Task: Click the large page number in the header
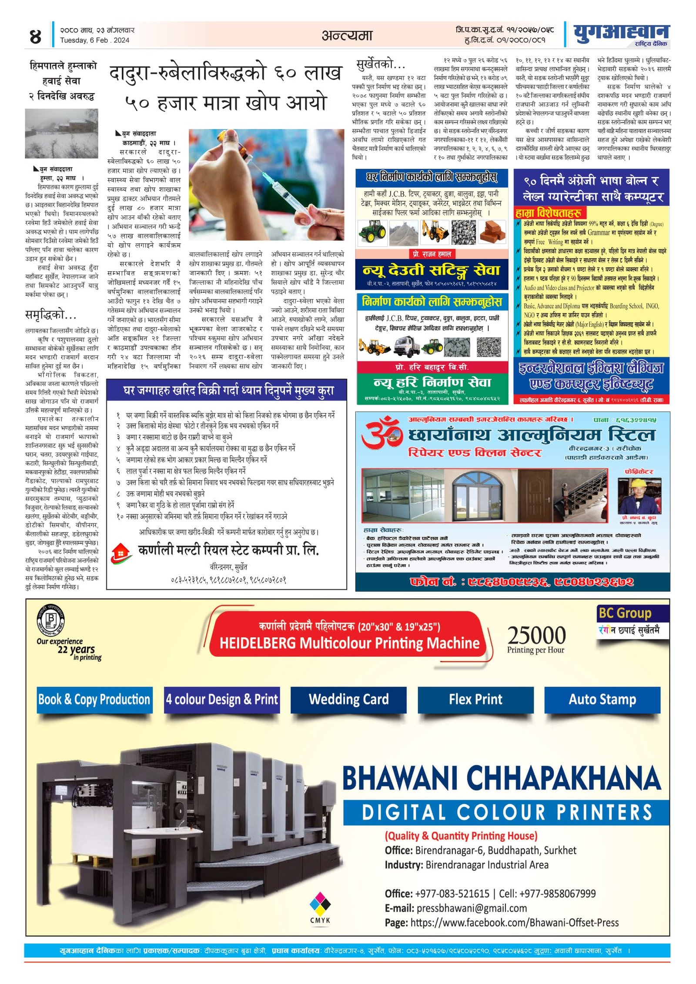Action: pyautogui.click(x=35, y=36)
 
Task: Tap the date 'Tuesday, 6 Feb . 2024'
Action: pyautogui.click(x=94, y=40)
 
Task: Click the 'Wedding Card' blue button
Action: pyautogui.click(x=348, y=699)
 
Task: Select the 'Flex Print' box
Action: pyautogui.click(x=475, y=699)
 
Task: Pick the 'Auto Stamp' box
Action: pyautogui.click(x=602, y=699)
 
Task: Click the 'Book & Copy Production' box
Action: pyautogui.click(x=94, y=699)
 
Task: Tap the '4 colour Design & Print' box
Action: pyautogui.click(x=221, y=699)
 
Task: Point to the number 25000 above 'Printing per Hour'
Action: pyautogui.click(x=536, y=635)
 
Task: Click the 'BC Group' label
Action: pyautogui.click(x=625, y=613)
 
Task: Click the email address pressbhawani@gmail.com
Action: pyautogui.click(x=472, y=908)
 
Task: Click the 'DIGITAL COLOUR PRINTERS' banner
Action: pyautogui.click(x=506, y=812)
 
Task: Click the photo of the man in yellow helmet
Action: pyautogui.click(x=639, y=496)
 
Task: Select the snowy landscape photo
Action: pyautogui.click(x=61, y=133)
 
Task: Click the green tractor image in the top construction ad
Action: pyautogui.click(x=373, y=230)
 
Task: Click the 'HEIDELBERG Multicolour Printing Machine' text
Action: pyautogui.click(x=349, y=643)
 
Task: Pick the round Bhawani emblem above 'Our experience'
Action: pyautogui.click(x=51, y=619)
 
